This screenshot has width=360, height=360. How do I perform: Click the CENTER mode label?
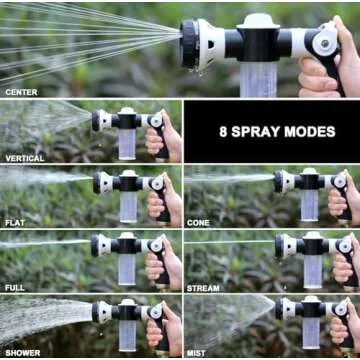click(x=22, y=92)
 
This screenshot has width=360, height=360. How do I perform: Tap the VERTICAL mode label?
click(x=25, y=158)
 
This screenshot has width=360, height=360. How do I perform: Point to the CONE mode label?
click(x=198, y=223)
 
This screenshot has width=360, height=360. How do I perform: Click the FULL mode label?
click(x=16, y=288)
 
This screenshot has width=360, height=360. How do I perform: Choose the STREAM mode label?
click(x=203, y=288)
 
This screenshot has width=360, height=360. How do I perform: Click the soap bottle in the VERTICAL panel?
click(x=127, y=141)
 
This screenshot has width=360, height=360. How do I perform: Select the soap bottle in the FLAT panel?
click(x=128, y=205)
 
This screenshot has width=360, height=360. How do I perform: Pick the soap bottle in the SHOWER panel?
click(x=127, y=335)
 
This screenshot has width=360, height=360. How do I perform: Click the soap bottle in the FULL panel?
click(x=128, y=270)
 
